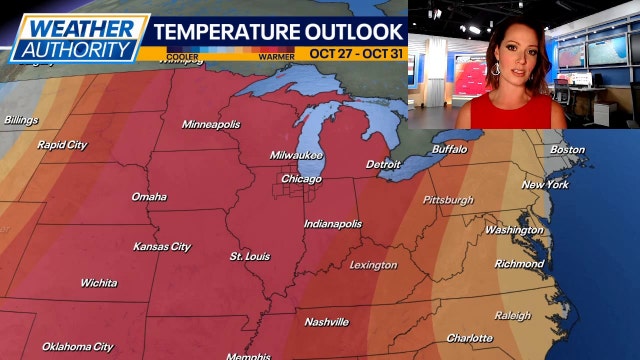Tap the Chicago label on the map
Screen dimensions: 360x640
(x=301, y=179)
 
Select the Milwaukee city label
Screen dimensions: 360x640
(x=296, y=155)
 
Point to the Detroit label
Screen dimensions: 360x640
(x=383, y=164)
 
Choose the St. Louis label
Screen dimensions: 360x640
(x=249, y=256)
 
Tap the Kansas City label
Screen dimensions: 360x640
(x=161, y=246)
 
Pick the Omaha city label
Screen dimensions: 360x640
(x=148, y=197)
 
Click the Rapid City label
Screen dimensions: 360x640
(x=62, y=145)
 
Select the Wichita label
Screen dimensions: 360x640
(x=98, y=283)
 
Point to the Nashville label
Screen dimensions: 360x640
(x=326, y=322)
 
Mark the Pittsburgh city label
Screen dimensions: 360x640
(x=448, y=200)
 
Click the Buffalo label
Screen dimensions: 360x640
(x=449, y=149)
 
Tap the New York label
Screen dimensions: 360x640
(x=546, y=185)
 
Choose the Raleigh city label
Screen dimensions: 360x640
(x=512, y=315)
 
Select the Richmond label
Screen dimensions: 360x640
(x=519, y=265)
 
